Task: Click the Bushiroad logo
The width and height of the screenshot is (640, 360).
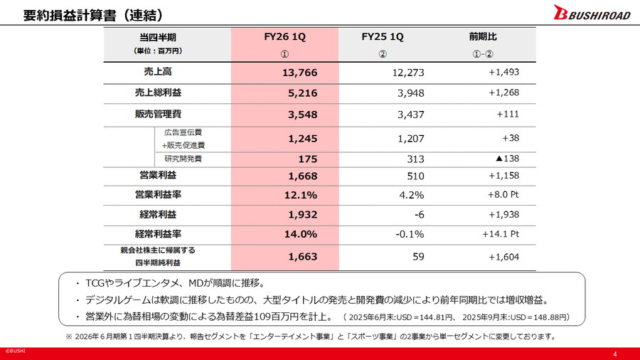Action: coord(591,14)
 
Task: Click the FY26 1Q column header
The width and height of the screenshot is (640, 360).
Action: coord(284,37)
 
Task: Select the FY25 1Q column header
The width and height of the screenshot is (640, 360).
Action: coord(382,37)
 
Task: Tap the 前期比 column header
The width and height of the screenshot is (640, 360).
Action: coord(483,37)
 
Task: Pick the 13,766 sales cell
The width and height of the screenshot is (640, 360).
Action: coord(298,73)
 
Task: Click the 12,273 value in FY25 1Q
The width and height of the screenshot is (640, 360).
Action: coord(408,73)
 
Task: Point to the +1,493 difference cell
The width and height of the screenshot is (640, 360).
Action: coord(503,73)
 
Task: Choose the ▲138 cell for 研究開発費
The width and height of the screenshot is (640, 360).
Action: coord(506,159)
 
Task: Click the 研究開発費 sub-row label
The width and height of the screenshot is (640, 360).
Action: coord(183,159)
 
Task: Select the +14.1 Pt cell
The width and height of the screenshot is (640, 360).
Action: coord(501,234)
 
